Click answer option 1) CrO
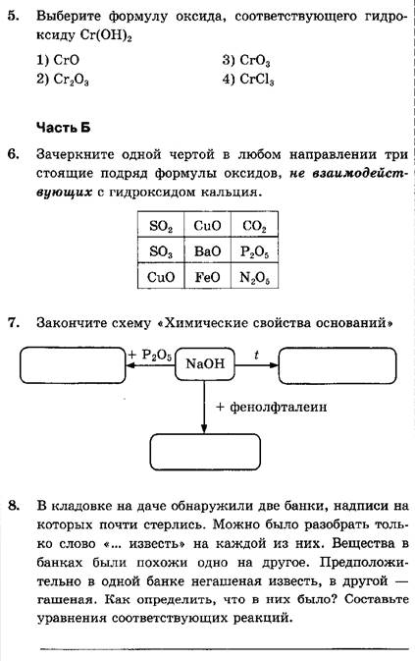(58, 60)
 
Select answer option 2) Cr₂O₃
(62, 80)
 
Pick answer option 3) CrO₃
(246, 60)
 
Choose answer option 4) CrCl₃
(248, 80)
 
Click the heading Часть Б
(63, 127)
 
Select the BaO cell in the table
(208, 250)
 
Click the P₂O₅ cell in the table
(254, 250)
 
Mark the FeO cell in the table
(208, 276)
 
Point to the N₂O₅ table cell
(254, 276)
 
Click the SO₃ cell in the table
(161, 250)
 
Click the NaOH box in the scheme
(205, 363)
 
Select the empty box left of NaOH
(73, 365)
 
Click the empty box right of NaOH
(337, 365)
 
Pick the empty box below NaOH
(205, 452)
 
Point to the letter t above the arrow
(256, 355)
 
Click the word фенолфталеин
(279, 407)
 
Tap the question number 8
(14, 505)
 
